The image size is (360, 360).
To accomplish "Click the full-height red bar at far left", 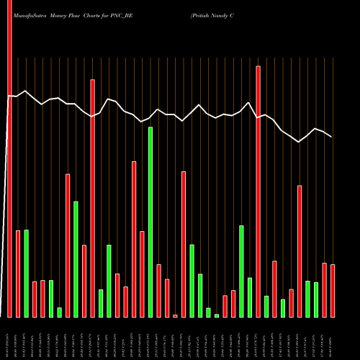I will coord(9,158).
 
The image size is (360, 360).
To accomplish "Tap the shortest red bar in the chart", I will coord(175,315).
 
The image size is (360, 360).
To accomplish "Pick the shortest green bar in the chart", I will coord(216,315).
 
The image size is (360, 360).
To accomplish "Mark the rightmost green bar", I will coord(315,299).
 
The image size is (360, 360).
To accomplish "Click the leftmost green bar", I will coord(26,274).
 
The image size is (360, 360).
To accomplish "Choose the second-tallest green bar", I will coord(76,259).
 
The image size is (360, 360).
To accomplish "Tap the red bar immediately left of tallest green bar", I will coord(142,274).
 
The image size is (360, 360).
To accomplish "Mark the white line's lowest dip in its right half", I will coord(299,143).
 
